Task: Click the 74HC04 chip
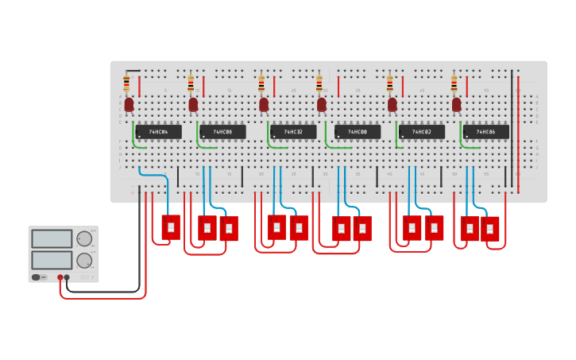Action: [158, 131]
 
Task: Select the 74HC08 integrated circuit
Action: [222, 131]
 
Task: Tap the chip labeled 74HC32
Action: [293, 131]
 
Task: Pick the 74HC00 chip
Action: [358, 131]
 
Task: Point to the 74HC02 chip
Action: [422, 131]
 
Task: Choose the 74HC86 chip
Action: [486, 131]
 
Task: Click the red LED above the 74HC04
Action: [129, 104]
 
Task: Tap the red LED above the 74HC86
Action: [457, 104]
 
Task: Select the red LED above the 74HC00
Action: [322, 104]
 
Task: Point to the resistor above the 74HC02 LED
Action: [390, 83]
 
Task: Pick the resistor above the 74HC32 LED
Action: [261, 83]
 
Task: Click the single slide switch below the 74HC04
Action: [171, 227]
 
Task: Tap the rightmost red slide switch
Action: [490, 229]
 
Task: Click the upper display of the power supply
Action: [52, 238]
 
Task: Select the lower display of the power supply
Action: [52, 260]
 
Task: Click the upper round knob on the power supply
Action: [84, 238]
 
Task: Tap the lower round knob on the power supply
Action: [84, 260]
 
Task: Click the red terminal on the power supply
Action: [60, 277]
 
